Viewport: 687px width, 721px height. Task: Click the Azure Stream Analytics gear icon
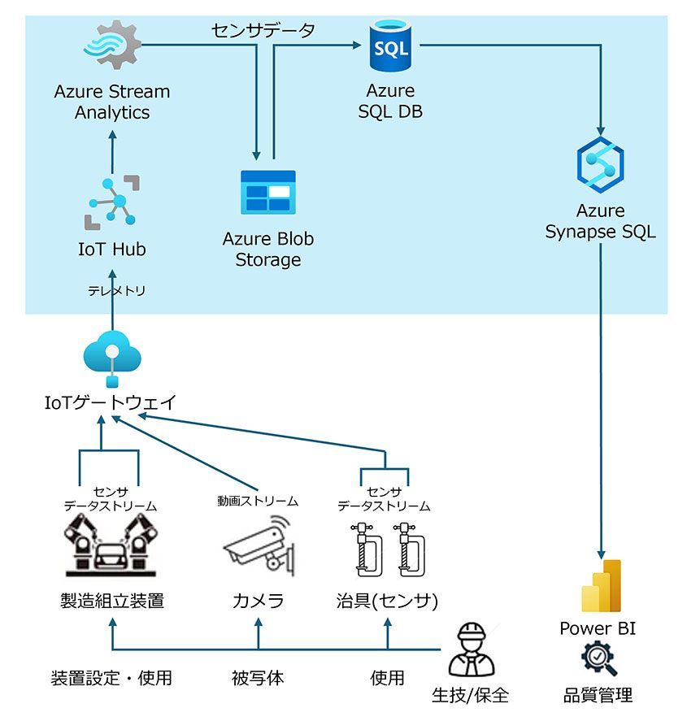[112, 46]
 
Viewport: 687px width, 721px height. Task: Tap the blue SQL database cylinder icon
[390, 46]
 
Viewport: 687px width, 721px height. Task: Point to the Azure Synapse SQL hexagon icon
[600, 163]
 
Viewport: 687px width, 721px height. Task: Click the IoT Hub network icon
[112, 201]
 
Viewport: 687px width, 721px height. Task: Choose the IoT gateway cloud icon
[112, 357]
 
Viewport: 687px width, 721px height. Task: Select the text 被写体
[258, 678]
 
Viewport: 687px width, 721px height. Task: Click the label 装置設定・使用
[111, 678]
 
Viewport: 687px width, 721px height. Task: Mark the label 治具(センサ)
[387, 602]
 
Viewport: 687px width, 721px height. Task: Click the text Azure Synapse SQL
[600, 221]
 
